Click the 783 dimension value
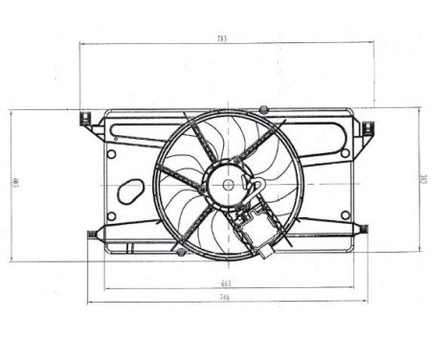click(222, 38)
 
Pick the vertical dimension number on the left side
click(16, 184)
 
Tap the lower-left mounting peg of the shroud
click(94, 233)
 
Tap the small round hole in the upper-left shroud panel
click(112, 152)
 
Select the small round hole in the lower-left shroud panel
click(112, 216)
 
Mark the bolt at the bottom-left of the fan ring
click(179, 251)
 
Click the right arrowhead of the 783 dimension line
click(369, 43)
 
